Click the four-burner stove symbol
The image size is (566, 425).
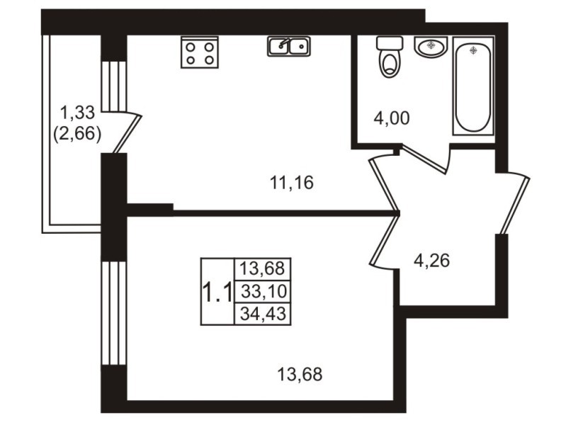[x=200, y=52]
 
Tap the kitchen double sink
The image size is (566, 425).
[x=289, y=46]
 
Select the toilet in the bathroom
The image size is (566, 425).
[x=390, y=57]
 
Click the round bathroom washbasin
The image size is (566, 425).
[x=431, y=47]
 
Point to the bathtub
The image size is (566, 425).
[x=473, y=86]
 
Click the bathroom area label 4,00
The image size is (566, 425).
[x=392, y=118]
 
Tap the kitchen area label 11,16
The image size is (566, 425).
[x=292, y=183]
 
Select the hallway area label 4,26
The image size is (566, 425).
[x=431, y=261]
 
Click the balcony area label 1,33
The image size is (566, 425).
[x=77, y=113]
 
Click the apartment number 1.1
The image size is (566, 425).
[x=217, y=292]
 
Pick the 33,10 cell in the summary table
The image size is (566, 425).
[x=264, y=291]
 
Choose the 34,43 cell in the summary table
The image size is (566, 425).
[x=263, y=313]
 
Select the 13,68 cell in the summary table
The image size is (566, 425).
[x=263, y=268]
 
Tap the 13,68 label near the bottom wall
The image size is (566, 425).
[x=300, y=374]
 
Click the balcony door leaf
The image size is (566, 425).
[x=127, y=134]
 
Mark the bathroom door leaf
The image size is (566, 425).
[x=425, y=158]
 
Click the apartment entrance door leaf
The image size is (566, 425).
[x=515, y=205]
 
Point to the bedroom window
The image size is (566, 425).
[x=114, y=313]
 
